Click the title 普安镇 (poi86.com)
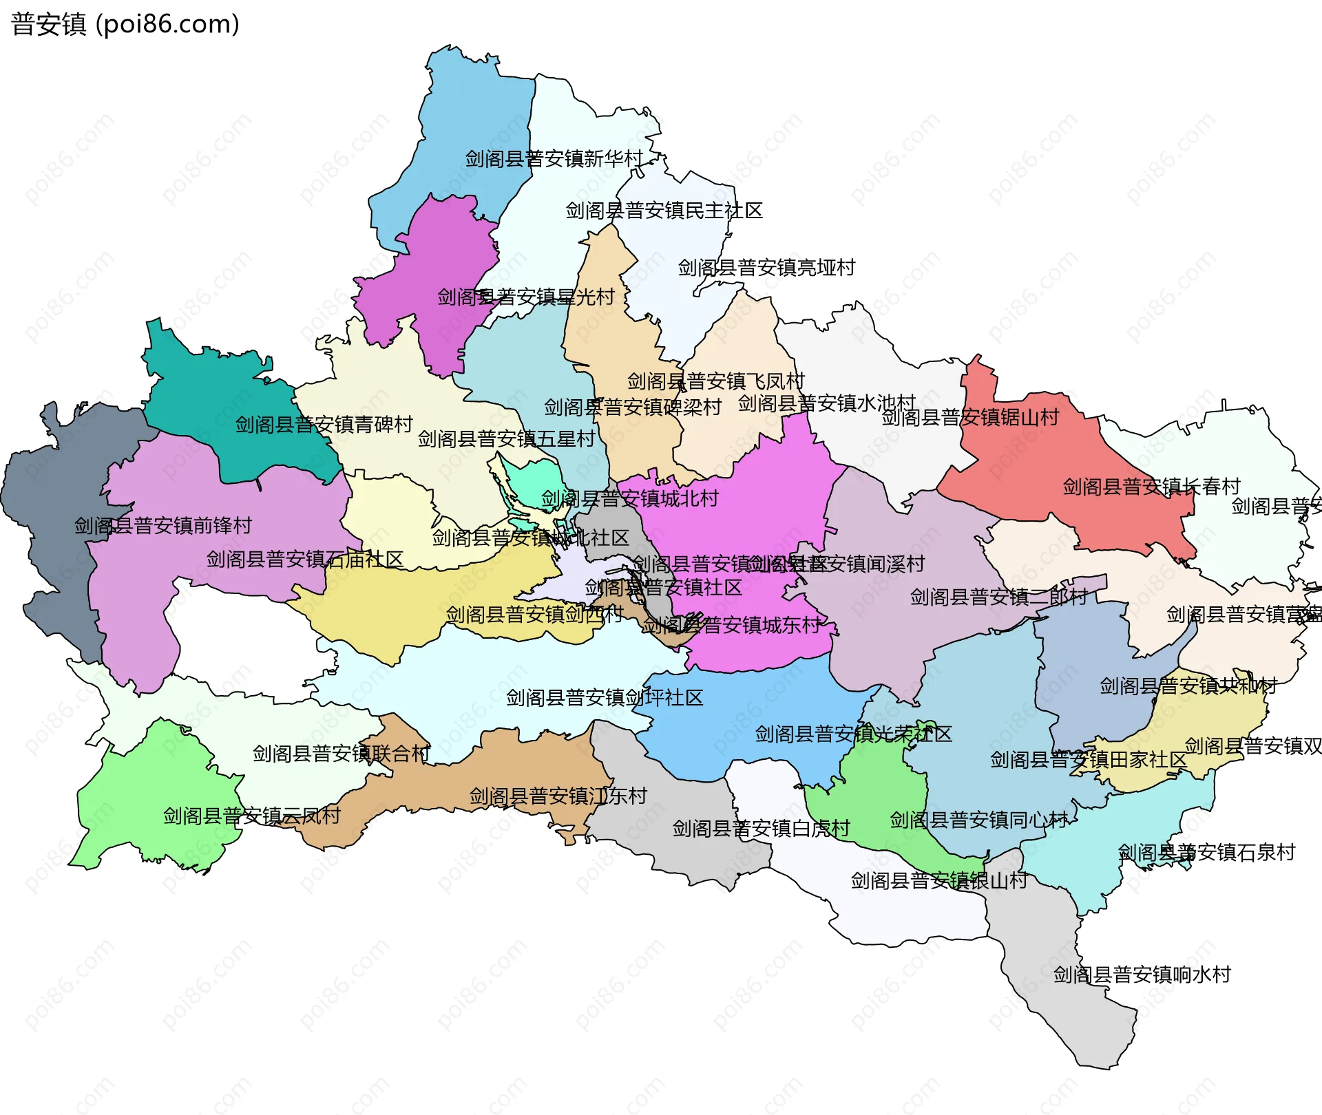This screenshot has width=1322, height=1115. (125, 24)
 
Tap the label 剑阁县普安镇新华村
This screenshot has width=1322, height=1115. (554, 159)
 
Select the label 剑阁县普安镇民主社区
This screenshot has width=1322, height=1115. (664, 211)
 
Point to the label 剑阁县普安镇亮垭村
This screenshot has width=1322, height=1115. (766, 268)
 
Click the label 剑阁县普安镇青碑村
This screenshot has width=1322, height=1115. (324, 425)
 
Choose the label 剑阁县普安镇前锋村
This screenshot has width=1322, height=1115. (163, 526)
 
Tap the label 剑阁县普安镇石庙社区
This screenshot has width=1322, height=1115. (304, 560)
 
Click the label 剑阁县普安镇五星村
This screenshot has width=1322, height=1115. (506, 439)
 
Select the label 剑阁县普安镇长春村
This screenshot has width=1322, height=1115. (1151, 487)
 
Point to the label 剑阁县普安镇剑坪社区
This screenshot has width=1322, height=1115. (605, 698)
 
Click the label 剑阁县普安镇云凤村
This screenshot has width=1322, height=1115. (252, 816)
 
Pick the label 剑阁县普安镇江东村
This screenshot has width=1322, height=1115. (558, 796)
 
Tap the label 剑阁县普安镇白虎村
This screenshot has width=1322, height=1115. (761, 829)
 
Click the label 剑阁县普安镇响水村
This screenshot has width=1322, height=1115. (1142, 975)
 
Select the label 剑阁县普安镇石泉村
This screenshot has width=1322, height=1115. (1206, 853)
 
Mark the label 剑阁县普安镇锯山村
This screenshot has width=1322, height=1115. (970, 418)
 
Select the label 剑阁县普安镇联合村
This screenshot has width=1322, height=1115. (341, 754)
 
